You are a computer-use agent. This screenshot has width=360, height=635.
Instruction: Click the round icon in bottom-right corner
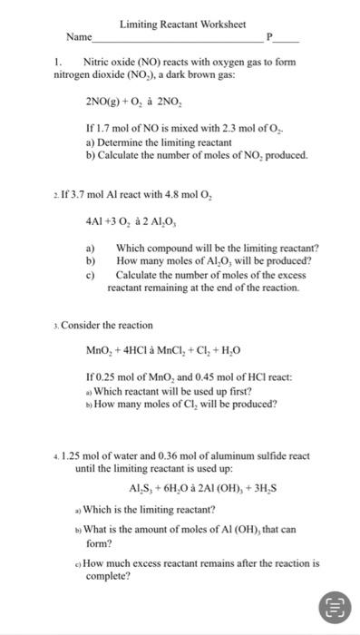point(333,606)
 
